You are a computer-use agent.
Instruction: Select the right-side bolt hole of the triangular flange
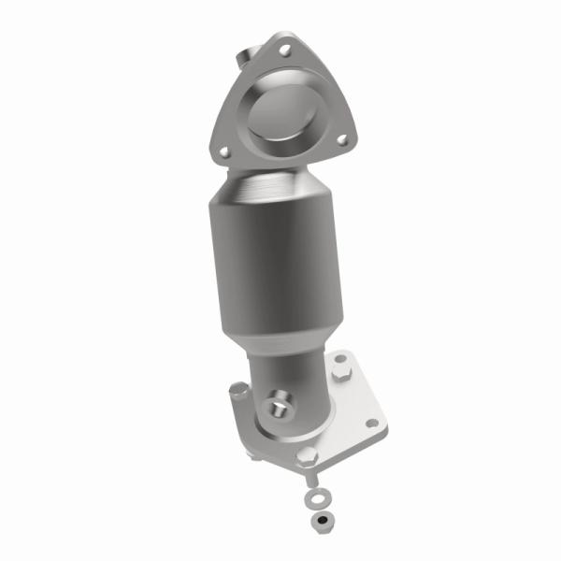coord(343,139)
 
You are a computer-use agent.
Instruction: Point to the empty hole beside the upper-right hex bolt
coord(338,358)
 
